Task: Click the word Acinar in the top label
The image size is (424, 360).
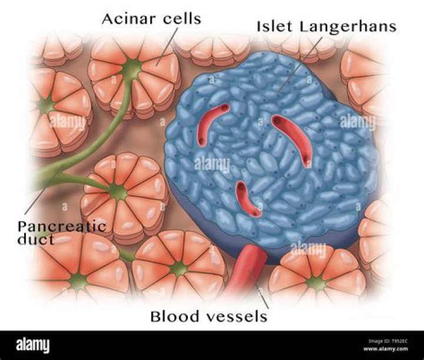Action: tap(130, 19)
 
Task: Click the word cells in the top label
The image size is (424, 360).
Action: tap(182, 19)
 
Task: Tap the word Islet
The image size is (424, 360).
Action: tap(274, 27)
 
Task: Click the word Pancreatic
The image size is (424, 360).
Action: tap(62, 226)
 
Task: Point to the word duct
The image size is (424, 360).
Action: tap(35, 239)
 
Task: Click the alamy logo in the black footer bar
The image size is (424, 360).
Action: tap(33, 345)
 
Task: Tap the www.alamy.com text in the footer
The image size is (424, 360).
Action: tap(386, 349)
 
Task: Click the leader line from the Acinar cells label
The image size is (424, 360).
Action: tap(167, 46)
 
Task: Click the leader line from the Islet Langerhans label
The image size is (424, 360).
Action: tap(301, 63)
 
